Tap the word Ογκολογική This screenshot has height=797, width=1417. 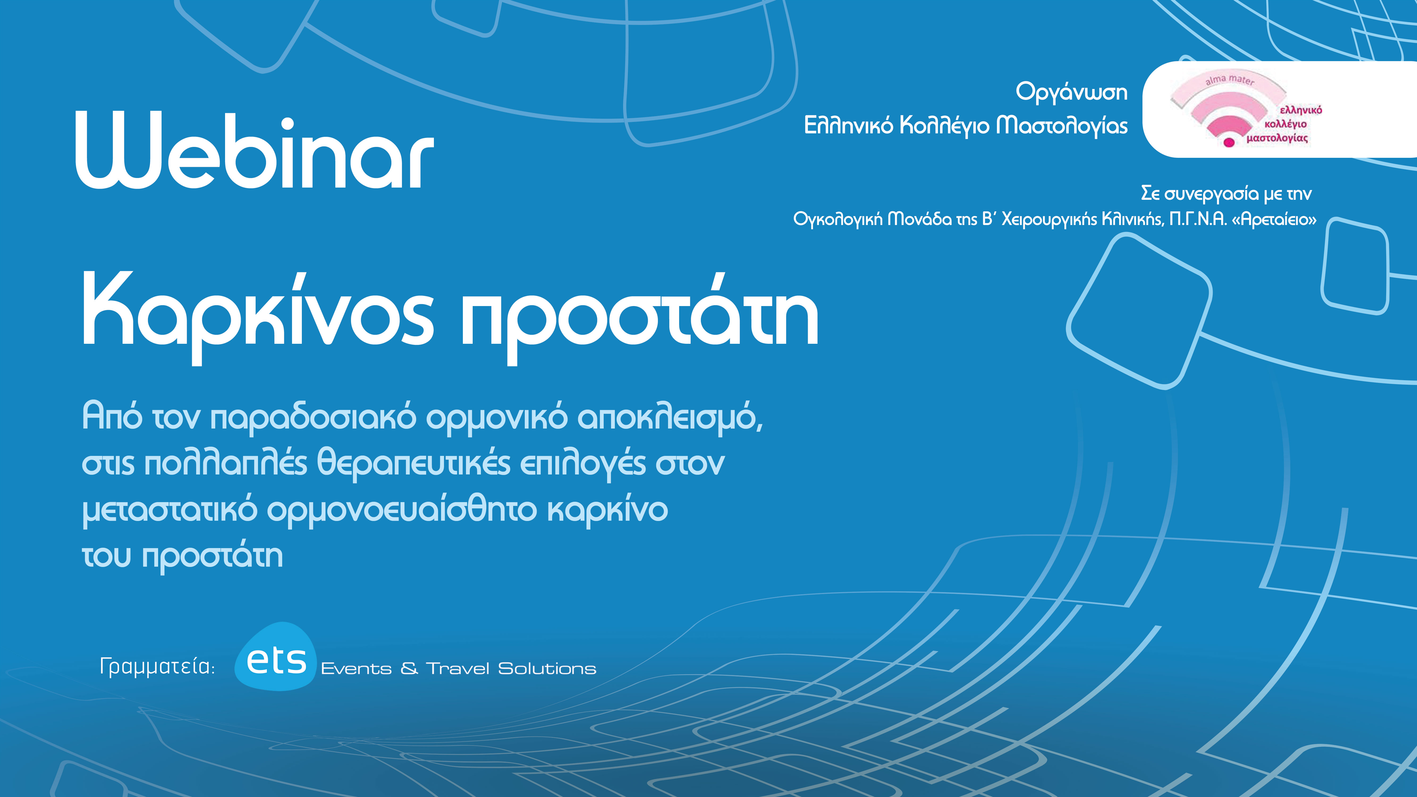click(837, 219)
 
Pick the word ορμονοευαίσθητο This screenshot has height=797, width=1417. click(401, 510)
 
